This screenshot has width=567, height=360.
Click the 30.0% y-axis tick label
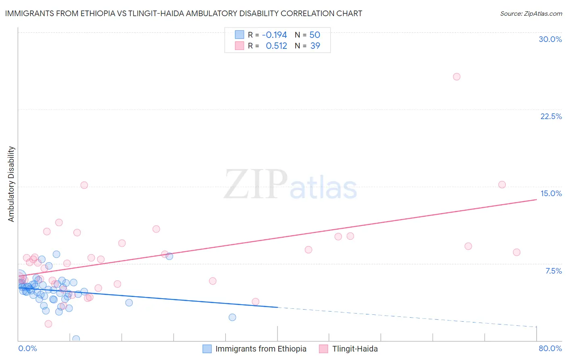coord(550,39)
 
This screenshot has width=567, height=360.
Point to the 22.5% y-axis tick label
coord(551,116)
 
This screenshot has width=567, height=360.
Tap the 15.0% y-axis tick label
coord(551,193)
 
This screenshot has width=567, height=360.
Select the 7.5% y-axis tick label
coord(553,271)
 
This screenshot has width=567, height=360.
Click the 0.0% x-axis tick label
coord(27,348)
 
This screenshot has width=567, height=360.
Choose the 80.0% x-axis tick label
coord(550,348)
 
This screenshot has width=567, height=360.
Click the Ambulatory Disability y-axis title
coord(11,184)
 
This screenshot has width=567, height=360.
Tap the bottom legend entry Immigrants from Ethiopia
coord(261,349)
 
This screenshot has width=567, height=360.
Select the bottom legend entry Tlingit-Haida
coord(354,349)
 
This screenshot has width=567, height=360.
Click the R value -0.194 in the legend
coord(274,35)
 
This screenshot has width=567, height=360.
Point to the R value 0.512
coord(276,46)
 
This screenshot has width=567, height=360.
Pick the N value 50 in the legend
coord(315,35)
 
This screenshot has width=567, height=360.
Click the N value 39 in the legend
coord(315,46)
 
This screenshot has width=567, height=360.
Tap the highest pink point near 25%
coord(457,77)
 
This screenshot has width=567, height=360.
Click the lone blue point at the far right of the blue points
coord(232,317)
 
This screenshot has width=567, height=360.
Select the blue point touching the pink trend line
coord(169,256)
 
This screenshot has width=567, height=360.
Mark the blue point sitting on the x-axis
coord(76,339)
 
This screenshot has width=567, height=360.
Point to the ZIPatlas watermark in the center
coord(290,185)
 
